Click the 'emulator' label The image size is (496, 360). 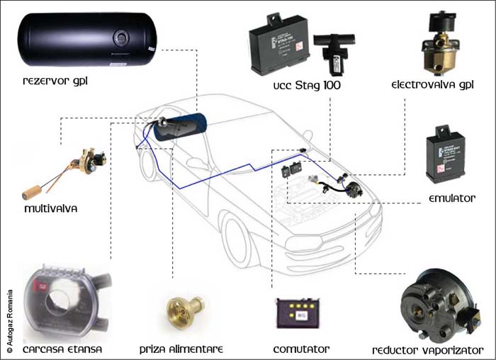click(x=451, y=198)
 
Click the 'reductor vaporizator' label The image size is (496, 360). click(x=428, y=350)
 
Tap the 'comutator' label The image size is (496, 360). click(x=301, y=349)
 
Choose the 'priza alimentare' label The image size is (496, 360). click(x=181, y=349)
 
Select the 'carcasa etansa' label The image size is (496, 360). click(x=62, y=349)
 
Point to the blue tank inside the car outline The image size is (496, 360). click(x=181, y=130)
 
